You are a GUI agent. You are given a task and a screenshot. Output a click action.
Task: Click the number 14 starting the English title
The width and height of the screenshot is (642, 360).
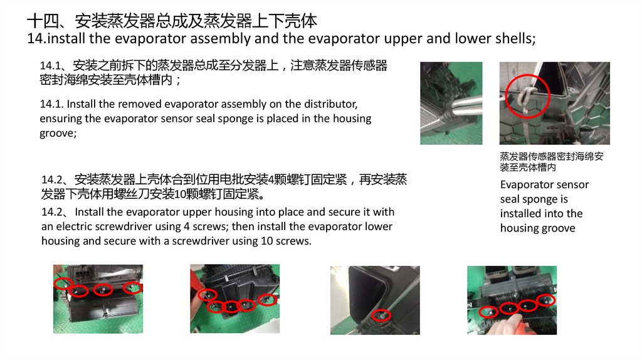click(35, 38)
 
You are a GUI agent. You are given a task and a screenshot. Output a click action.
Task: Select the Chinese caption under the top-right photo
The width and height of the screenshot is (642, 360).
click(552, 162)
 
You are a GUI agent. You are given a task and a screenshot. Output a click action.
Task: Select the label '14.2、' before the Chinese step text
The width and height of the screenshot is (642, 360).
click(56, 180)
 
